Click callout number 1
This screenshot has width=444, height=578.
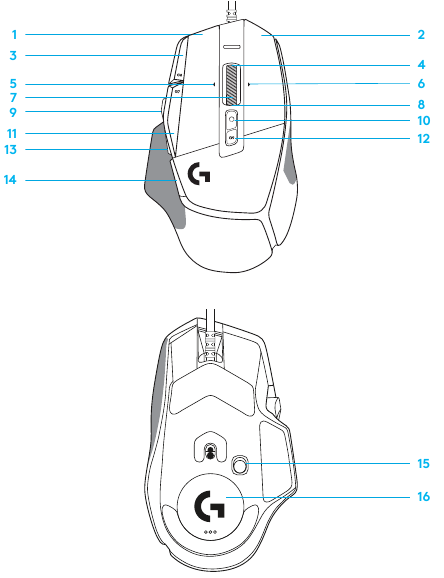pos(14,35)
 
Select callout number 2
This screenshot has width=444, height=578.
pos(421,35)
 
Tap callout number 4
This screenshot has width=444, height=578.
pos(421,65)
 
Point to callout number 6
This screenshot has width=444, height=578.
pos(421,84)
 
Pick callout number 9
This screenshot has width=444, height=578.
pos(13,112)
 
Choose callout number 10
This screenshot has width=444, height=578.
pos(424,121)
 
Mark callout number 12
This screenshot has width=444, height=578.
pos(424,139)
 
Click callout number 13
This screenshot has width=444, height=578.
pos(11,150)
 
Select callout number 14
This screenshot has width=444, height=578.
pos(10,180)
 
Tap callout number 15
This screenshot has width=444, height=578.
pos(424,463)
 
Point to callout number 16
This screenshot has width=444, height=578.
pos(424,497)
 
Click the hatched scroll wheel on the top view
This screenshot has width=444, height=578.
pos(231,84)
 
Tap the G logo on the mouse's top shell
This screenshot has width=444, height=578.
pos(199,173)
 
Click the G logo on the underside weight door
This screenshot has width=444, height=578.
pos(209,506)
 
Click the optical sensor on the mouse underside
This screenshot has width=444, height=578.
pos(211,452)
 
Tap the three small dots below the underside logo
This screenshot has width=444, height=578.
pos(210,532)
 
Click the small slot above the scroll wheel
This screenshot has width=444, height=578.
pos(231,47)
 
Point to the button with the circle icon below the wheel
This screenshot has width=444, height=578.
pos(231,119)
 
